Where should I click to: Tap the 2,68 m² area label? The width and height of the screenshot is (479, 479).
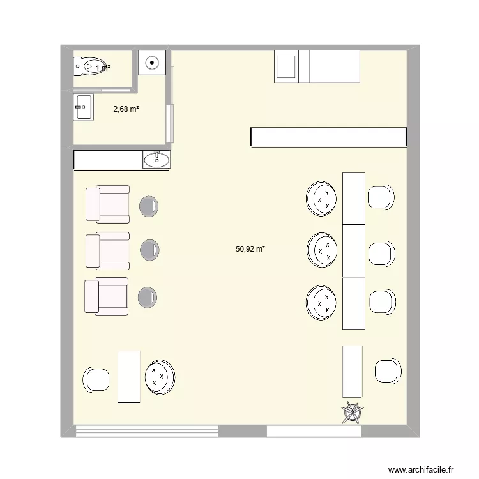coord(126,109)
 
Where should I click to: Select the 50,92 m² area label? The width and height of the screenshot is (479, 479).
coord(250,250)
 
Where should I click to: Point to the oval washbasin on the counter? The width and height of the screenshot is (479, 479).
coord(156,159)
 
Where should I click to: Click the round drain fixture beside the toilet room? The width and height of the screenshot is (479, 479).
coord(152,63)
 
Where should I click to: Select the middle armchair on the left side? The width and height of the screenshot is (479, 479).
coord(107,250)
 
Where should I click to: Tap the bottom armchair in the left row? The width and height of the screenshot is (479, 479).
coord(107,296)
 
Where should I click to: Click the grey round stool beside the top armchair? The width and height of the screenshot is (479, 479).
coord(148,205)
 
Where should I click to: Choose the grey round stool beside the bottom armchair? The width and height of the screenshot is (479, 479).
coord(148,297)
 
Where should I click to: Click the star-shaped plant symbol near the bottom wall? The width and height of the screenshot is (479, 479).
coord(353,413)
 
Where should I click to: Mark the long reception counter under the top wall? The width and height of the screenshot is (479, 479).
coord(328,137)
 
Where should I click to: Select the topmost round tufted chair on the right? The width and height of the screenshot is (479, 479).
coord(321,197)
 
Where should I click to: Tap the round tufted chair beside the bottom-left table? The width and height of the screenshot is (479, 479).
coord(160,377)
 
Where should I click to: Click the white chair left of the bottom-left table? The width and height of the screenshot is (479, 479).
coord(97,380)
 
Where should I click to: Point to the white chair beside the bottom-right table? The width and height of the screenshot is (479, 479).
coord(388,371)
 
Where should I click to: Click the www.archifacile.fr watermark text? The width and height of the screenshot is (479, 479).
coord(420,468)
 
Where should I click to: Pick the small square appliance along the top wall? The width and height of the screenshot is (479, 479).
coord(286,66)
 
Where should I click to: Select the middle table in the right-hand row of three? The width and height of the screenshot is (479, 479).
coord(353,250)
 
